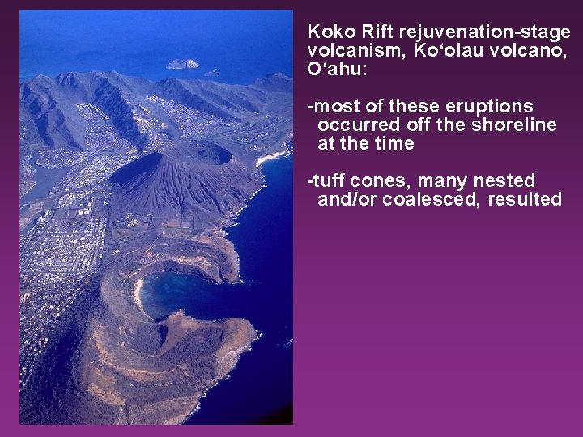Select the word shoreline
tap(517, 125)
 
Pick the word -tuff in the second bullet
tap(324, 181)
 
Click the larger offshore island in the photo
tap(182, 64)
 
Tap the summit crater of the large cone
tap(208, 151)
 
